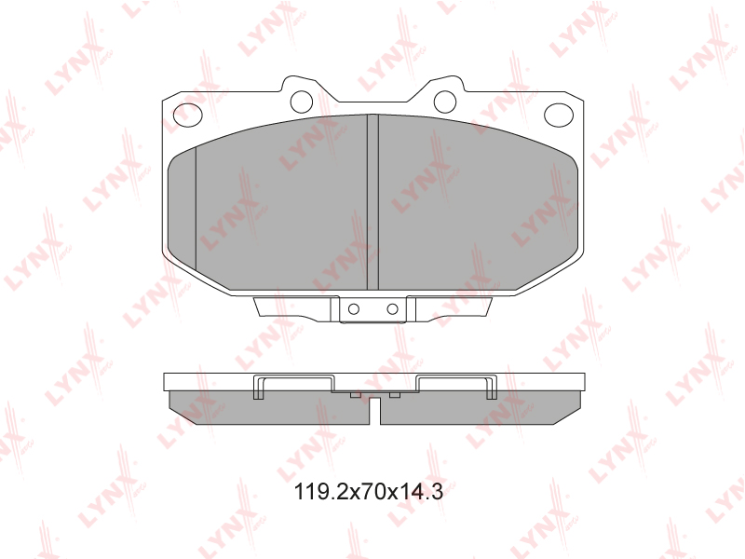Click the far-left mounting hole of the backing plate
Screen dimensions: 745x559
(x=188, y=115)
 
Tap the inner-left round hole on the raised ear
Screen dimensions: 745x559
(x=301, y=101)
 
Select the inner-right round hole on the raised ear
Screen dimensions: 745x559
(x=445, y=101)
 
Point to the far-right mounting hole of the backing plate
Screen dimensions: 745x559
(x=559, y=115)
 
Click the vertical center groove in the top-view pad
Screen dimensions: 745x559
(x=373, y=202)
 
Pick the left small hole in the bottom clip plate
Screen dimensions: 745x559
(x=354, y=309)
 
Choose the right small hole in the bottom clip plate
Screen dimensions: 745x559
(x=392, y=309)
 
